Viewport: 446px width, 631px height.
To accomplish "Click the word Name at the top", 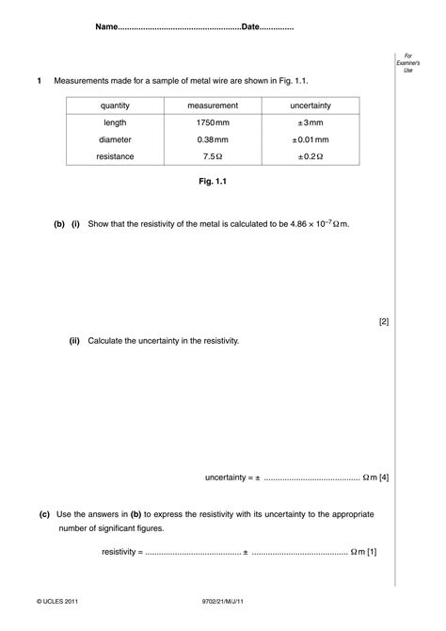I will [106, 27].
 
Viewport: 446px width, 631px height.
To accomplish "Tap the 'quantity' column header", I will [115, 105].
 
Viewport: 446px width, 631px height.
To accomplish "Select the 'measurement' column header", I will [213, 105].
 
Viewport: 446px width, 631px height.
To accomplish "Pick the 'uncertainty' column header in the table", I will [310, 105].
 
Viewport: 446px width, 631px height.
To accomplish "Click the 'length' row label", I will [115, 122].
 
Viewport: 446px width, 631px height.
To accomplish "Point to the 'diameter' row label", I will [115, 139].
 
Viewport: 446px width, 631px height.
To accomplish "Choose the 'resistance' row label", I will [115, 156].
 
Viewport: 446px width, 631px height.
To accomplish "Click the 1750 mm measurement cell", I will [213, 122].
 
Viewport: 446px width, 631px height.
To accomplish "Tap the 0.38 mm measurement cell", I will [213, 139].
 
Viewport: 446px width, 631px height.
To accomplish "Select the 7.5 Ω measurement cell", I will [213, 156].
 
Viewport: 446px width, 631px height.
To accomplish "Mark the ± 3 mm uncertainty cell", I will [310, 122].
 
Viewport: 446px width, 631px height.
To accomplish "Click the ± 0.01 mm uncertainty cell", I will [310, 139].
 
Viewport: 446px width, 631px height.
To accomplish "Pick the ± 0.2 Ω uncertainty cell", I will [310, 156].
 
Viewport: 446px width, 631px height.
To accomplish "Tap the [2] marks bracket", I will [384, 321].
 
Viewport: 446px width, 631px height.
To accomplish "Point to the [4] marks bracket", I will [384, 477].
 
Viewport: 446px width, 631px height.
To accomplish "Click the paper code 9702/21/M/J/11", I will [223, 599].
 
